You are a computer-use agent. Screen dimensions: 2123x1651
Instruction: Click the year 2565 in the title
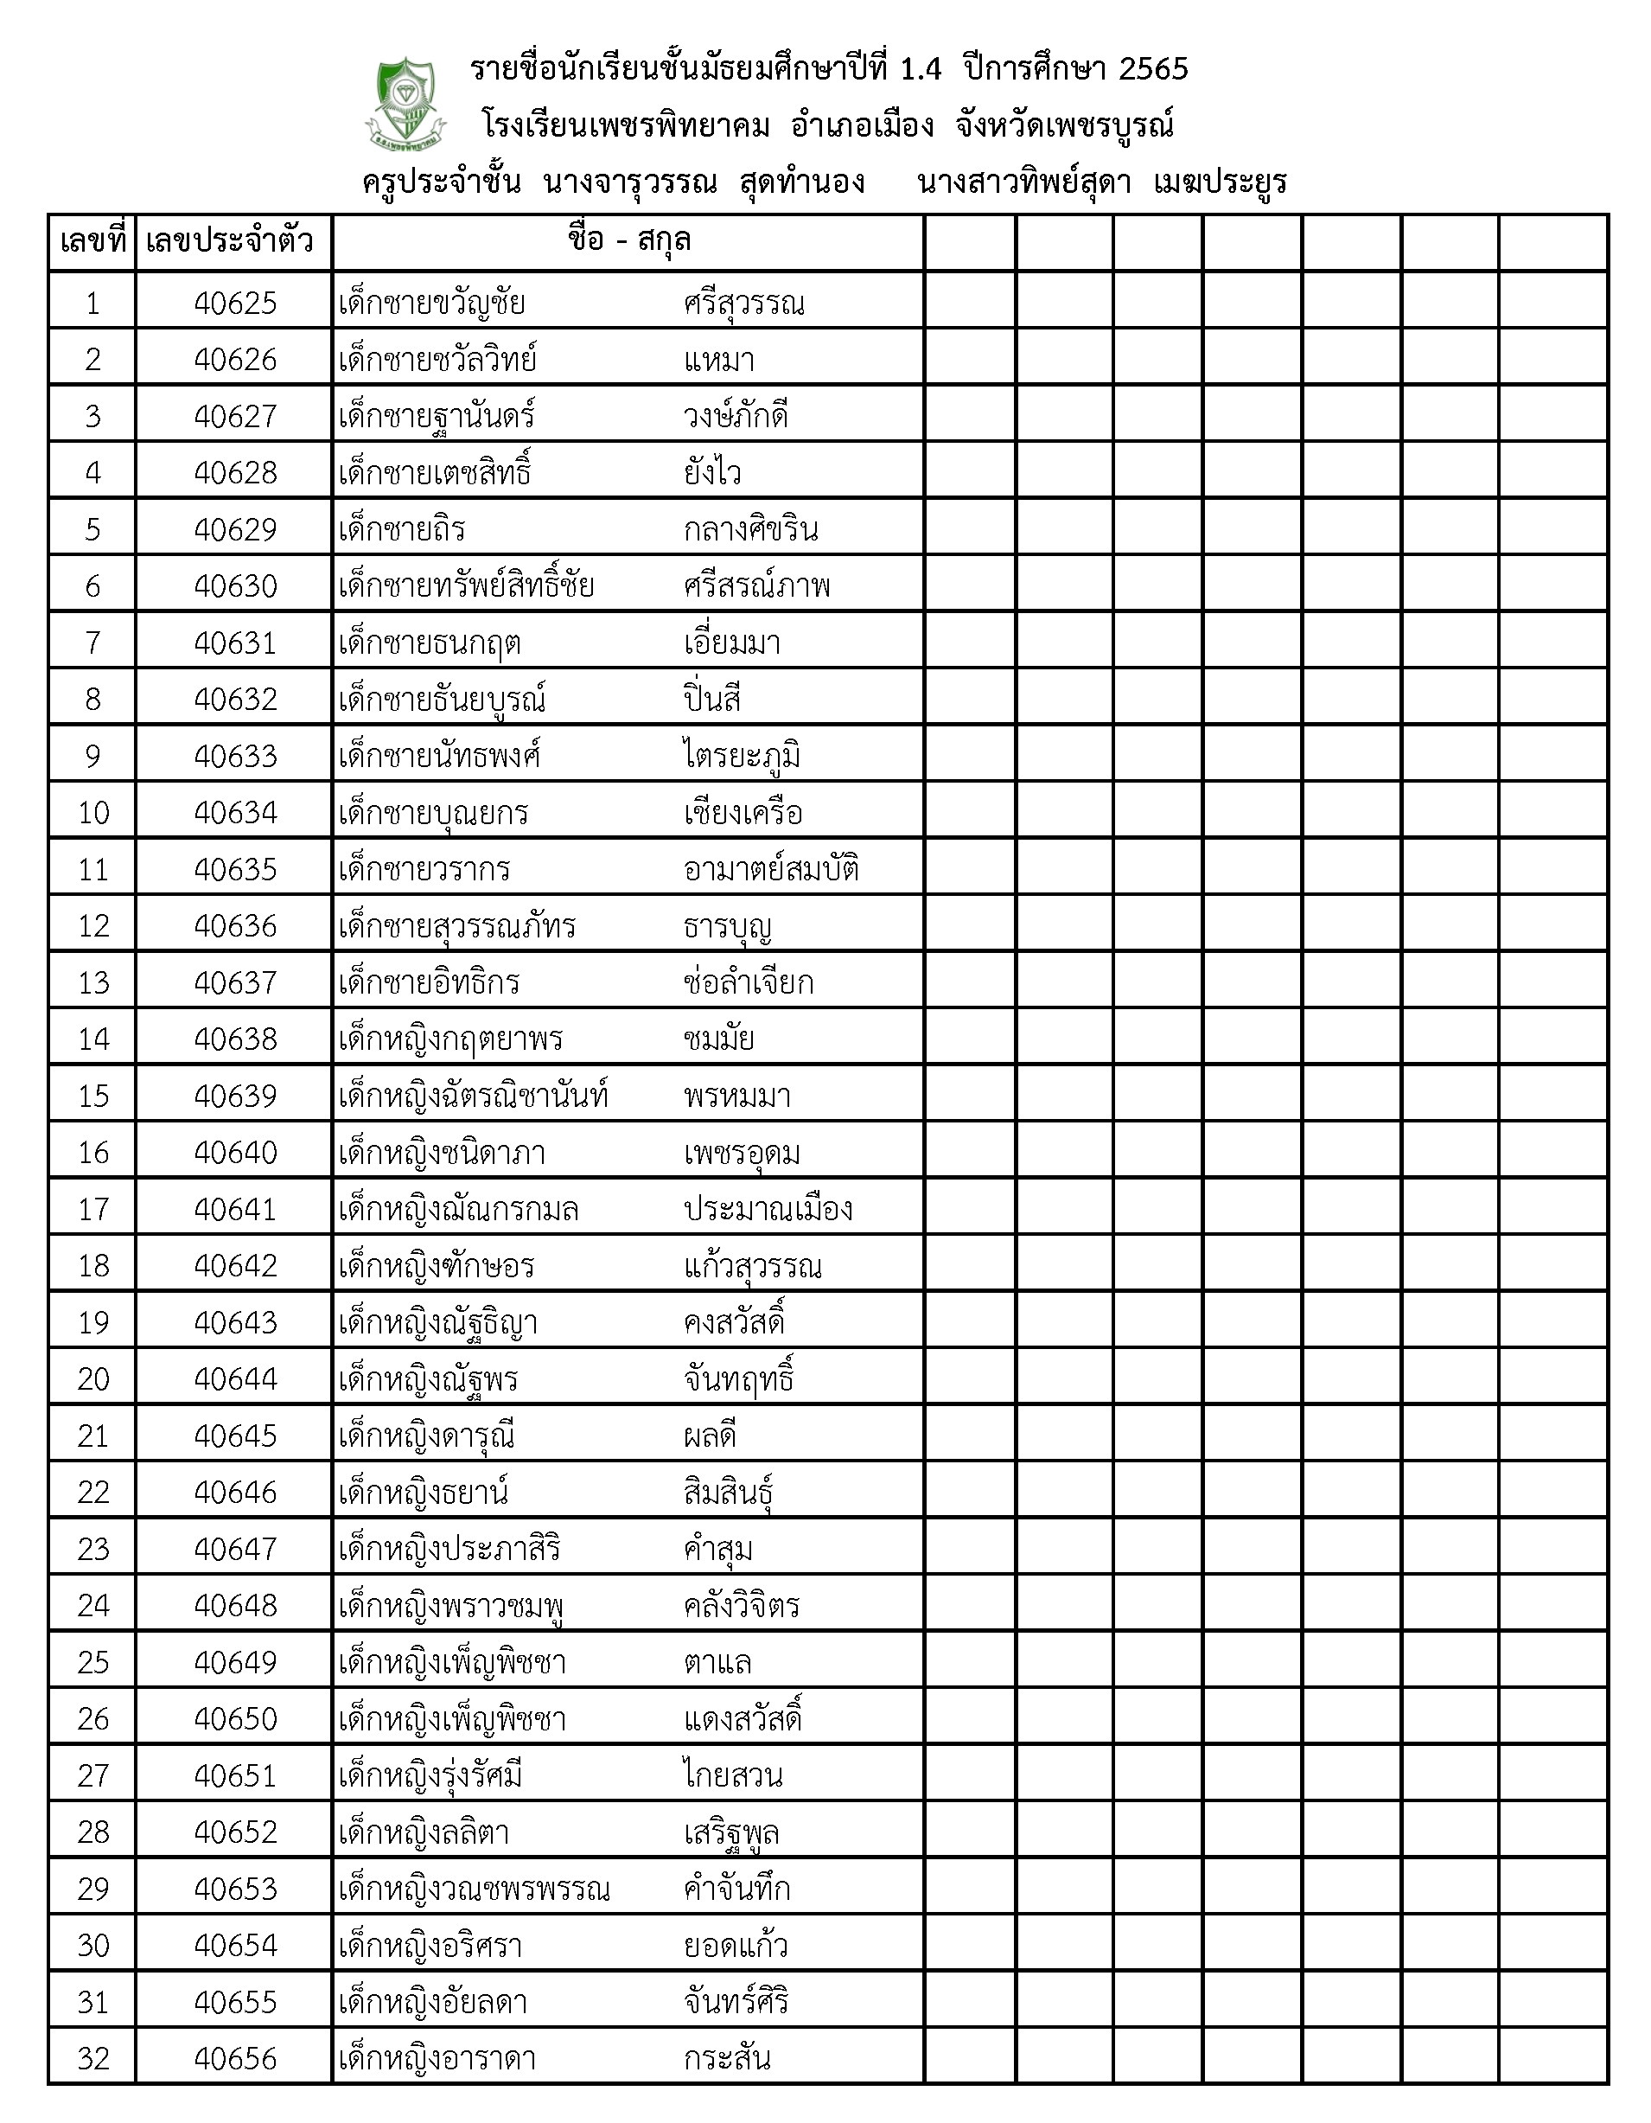(1152, 69)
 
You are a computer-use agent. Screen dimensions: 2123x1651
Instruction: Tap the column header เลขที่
(92, 241)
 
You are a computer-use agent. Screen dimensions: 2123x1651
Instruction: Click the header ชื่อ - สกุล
(628, 240)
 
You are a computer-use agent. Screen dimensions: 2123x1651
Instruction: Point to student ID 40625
(235, 304)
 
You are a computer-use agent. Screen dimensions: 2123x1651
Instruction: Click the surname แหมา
(719, 361)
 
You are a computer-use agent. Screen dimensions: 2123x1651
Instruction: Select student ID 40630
(235, 587)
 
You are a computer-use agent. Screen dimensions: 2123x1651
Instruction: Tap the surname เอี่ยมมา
(732, 643)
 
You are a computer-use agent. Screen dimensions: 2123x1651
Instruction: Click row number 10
(93, 814)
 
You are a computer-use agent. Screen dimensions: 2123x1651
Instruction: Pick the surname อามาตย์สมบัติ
(770, 870)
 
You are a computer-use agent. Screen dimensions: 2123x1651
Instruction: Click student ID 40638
(235, 1040)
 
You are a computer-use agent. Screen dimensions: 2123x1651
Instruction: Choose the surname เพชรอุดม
(742, 1154)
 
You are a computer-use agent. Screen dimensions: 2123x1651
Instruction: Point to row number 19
(93, 1323)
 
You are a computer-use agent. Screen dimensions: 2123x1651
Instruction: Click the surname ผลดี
(710, 1436)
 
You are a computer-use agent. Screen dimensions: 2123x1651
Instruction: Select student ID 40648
(235, 1606)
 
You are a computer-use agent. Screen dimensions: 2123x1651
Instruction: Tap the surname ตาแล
(717, 1663)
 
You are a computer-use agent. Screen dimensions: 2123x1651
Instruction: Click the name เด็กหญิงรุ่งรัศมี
(430, 1777)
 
